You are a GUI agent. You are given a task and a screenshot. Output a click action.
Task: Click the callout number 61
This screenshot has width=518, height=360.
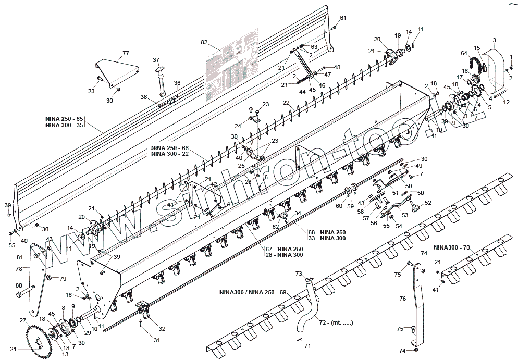click(343, 18)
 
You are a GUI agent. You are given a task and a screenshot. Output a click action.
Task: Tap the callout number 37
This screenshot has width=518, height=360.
click(156, 60)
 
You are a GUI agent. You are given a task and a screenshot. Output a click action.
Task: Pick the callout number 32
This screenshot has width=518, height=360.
click(162, 328)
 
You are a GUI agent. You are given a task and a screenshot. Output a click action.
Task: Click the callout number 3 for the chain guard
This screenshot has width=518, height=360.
click(494, 40)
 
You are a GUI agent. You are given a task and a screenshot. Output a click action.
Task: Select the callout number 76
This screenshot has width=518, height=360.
click(402, 299)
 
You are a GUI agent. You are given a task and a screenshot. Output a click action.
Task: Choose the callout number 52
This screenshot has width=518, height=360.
click(428, 203)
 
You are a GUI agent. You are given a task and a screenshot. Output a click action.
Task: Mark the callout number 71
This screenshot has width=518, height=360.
click(307, 346)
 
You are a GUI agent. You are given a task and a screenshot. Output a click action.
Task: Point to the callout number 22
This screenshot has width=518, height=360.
click(286, 103)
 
